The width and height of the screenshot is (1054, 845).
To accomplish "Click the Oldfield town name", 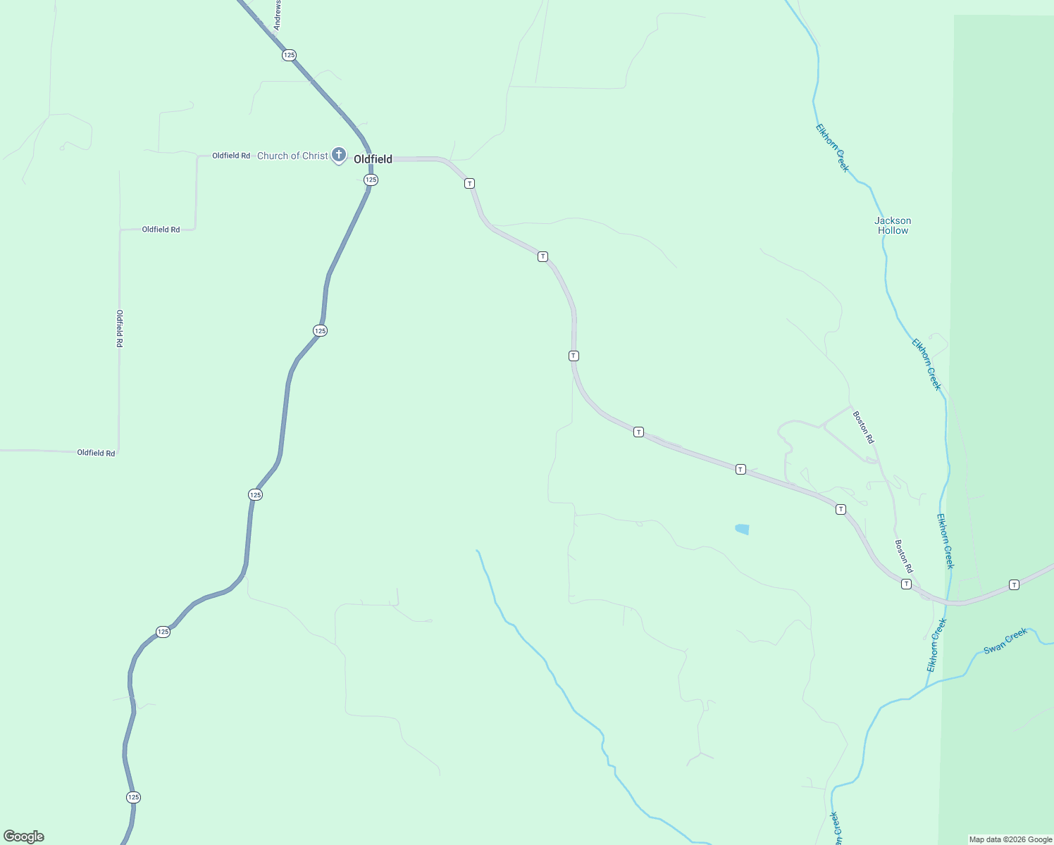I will click(x=373, y=159).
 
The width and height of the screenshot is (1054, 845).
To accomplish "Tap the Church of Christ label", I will click(x=292, y=156).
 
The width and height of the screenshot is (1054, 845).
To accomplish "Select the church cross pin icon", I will click(x=339, y=154).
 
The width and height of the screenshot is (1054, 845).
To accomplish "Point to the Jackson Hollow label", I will click(x=893, y=225).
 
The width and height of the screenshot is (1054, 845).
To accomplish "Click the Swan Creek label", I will click(x=1005, y=641).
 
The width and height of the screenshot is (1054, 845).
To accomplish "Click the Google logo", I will click(x=24, y=837).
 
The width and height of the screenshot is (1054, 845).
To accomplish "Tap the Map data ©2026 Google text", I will click(x=1010, y=839).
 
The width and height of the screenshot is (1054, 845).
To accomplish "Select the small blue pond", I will click(x=742, y=529).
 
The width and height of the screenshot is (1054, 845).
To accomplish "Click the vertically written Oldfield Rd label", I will click(x=120, y=328).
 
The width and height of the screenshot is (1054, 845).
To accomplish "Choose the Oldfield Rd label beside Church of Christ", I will click(x=231, y=156).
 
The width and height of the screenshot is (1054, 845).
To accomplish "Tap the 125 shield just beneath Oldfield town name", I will click(x=371, y=180).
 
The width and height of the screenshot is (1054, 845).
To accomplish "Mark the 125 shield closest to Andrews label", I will click(x=289, y=55).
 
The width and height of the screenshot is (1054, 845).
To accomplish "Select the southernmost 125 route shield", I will click(x=134, y=797).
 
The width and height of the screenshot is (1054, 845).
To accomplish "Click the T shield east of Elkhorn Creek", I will click(x=1014, y=584).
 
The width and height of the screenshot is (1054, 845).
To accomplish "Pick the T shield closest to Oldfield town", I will click(x=469, y=183).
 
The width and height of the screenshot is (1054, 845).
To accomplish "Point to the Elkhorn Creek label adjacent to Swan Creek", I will click(x=936, y=645).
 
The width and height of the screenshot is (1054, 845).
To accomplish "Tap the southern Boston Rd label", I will click(x=904, y=556).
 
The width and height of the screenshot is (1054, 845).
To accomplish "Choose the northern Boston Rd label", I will click(x=863, y=427).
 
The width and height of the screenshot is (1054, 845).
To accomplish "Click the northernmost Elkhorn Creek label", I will click(x=833, y=148).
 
